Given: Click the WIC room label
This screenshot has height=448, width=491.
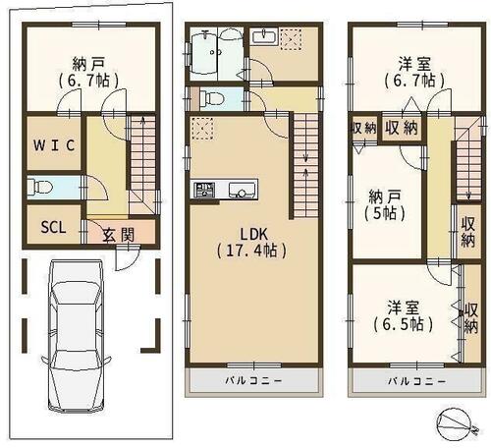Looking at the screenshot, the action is pyautogui.click(x=54, y=145).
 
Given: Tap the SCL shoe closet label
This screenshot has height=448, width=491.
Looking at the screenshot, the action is pyautogui.click(x=53, y=227).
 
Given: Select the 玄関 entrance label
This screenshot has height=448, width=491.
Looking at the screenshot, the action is pyautogui.click(x=119, y=235).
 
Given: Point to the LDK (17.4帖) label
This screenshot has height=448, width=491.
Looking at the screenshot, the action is pyautogui.click(x=251, y=243).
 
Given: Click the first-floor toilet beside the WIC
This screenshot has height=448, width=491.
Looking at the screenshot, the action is pyautogui.click(x=40, y=188).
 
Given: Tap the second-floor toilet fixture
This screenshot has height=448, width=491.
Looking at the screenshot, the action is pyautogui.click(x=211, y=98).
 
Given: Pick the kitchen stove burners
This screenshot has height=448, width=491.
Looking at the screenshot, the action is pyautogui.click(x=204, y=190).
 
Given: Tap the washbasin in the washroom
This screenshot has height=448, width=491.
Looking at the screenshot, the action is pyautogui.click(x=265, y=35).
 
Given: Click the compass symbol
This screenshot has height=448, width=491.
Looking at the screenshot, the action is pyautogui.click(x=458, y=424).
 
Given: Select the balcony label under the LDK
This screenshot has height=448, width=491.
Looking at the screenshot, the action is pyautogui.click(x=253, y=380).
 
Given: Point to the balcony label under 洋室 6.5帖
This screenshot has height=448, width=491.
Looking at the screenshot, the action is pyautogui.click(x=416, y=381).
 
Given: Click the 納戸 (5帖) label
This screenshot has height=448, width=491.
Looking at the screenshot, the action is pyautogui.click(x=385, y=205).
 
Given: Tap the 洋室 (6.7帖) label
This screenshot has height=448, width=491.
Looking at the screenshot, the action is pyautogui.click(x=414, y=72).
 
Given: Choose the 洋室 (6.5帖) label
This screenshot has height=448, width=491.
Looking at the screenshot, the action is pyautogui.click(x=404, y=315).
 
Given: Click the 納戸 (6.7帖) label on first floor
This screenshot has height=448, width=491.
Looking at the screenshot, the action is pyautogui.click(x=88, y=72).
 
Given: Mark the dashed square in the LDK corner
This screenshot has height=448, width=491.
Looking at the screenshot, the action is pyautogui.click(x=202, y=129).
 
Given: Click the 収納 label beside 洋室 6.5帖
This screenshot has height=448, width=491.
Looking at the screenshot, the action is pyautogui.click(x=470, y=317).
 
